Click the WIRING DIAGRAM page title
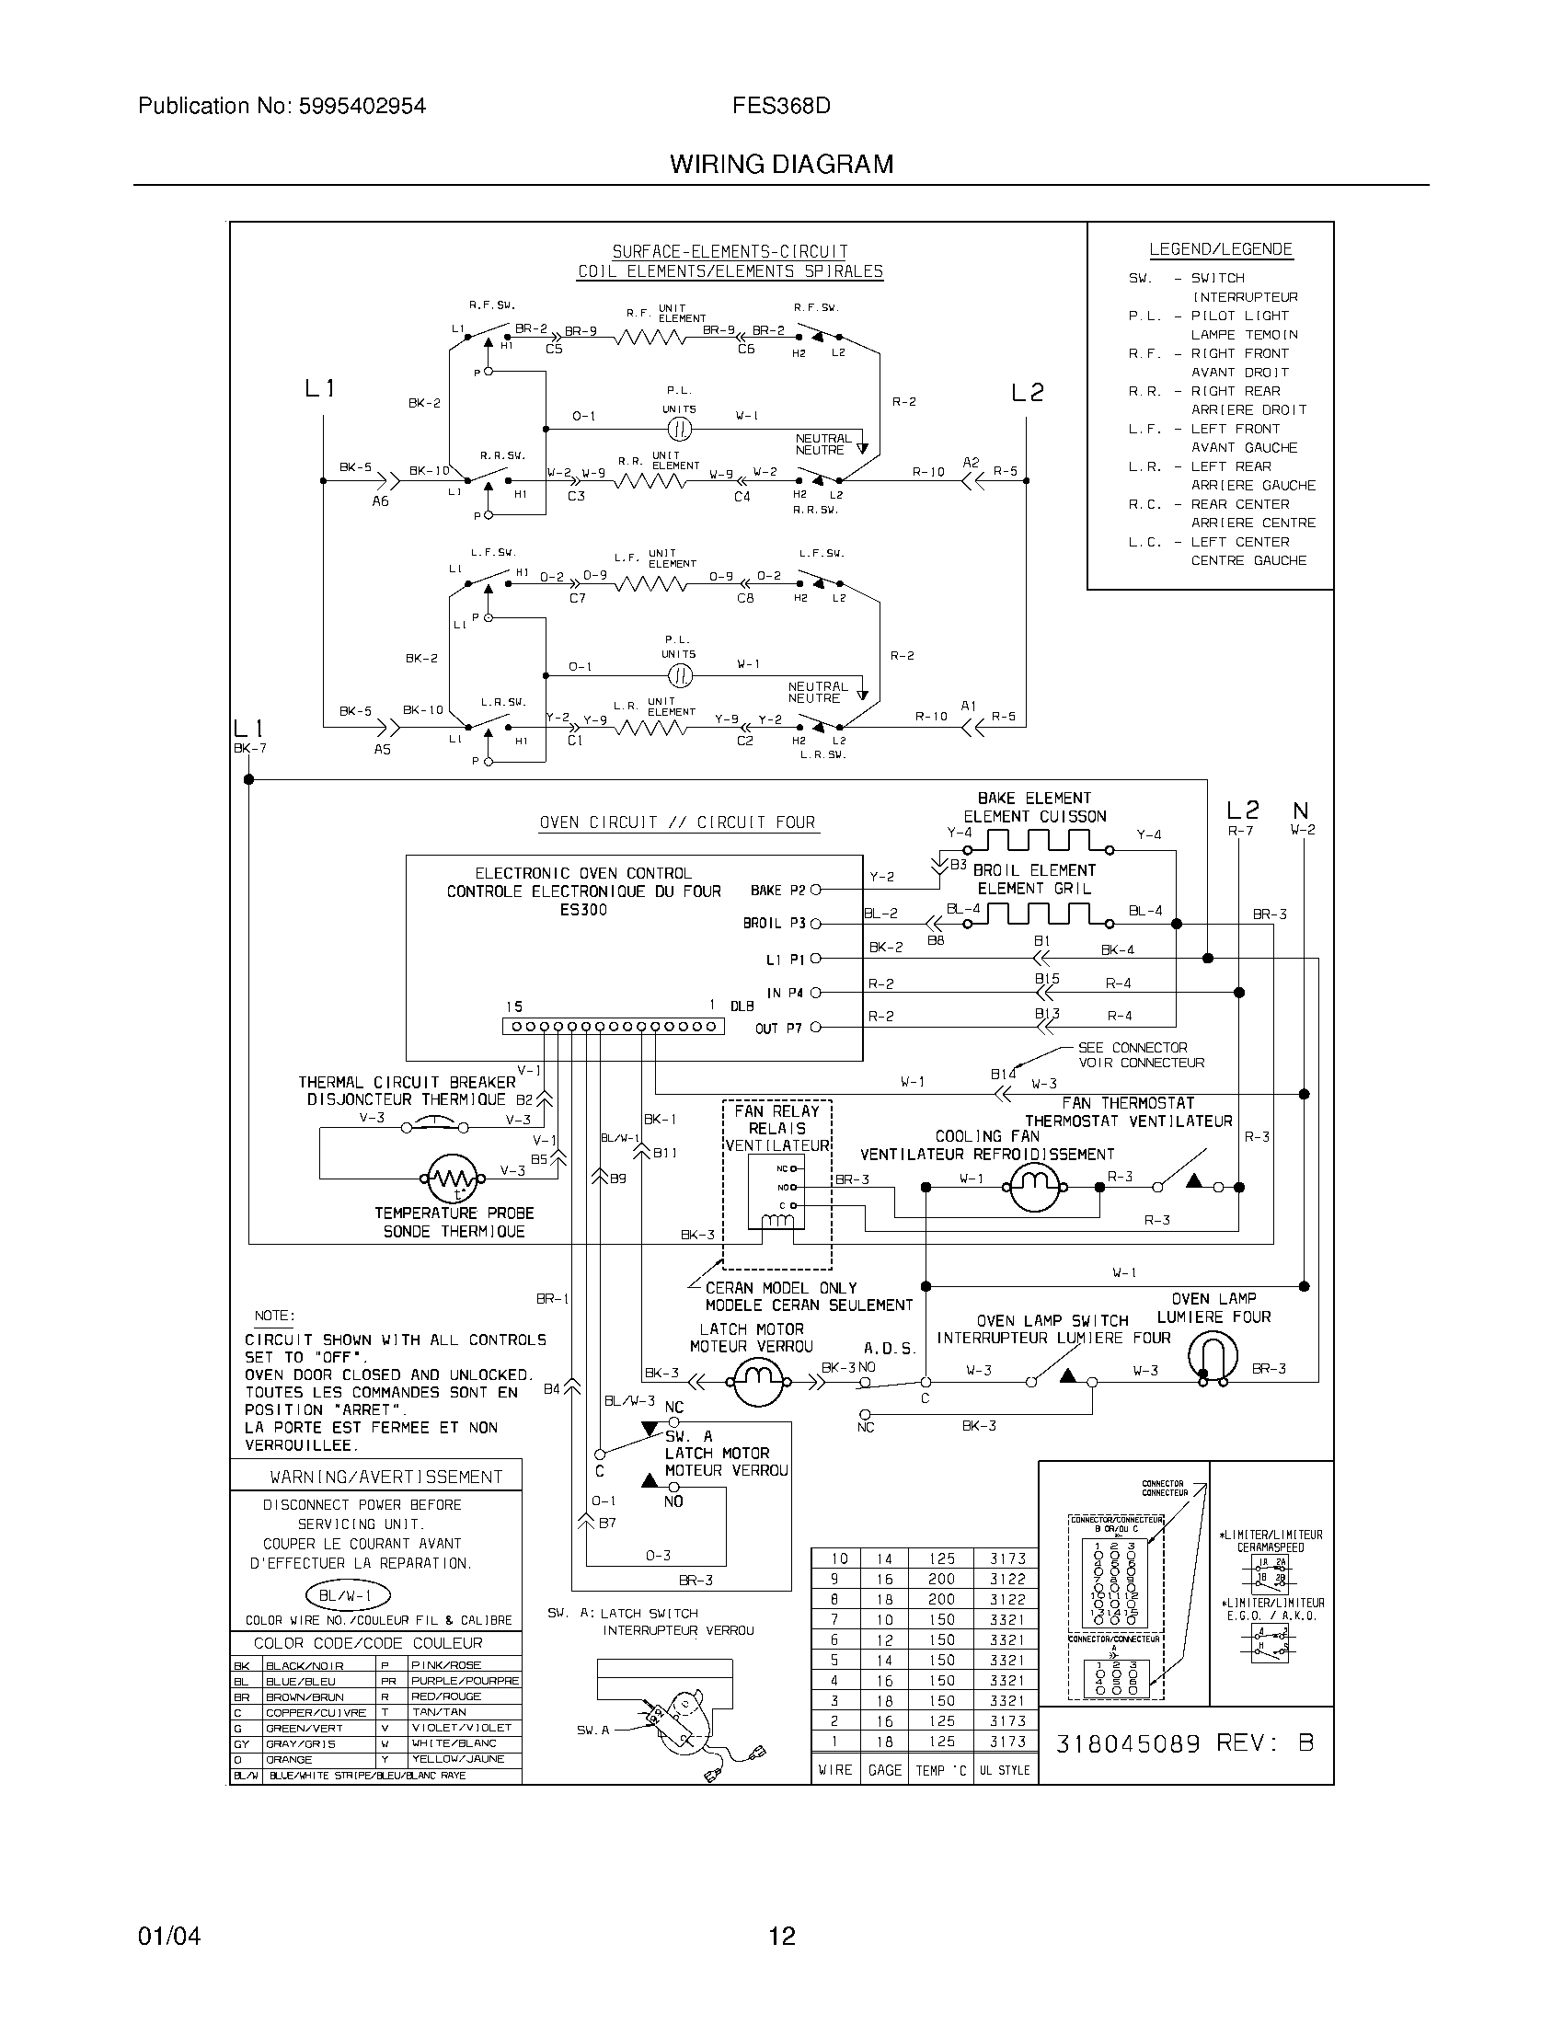point(781,165)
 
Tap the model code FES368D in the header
point(781,106)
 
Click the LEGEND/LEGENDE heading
point(1220,249)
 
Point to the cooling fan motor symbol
point(1034,1187)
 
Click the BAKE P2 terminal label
point(777,891)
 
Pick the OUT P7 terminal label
point(778,1029)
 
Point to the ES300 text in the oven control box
point(583,910)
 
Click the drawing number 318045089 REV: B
point(1184,1743)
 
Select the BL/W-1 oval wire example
point(348,1595)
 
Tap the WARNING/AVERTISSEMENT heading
point(385,1478)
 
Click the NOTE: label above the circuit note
point(274,1316)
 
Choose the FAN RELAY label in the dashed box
point(776,1111)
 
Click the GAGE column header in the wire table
point(884,1770)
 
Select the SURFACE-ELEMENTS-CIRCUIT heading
point(730,251)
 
